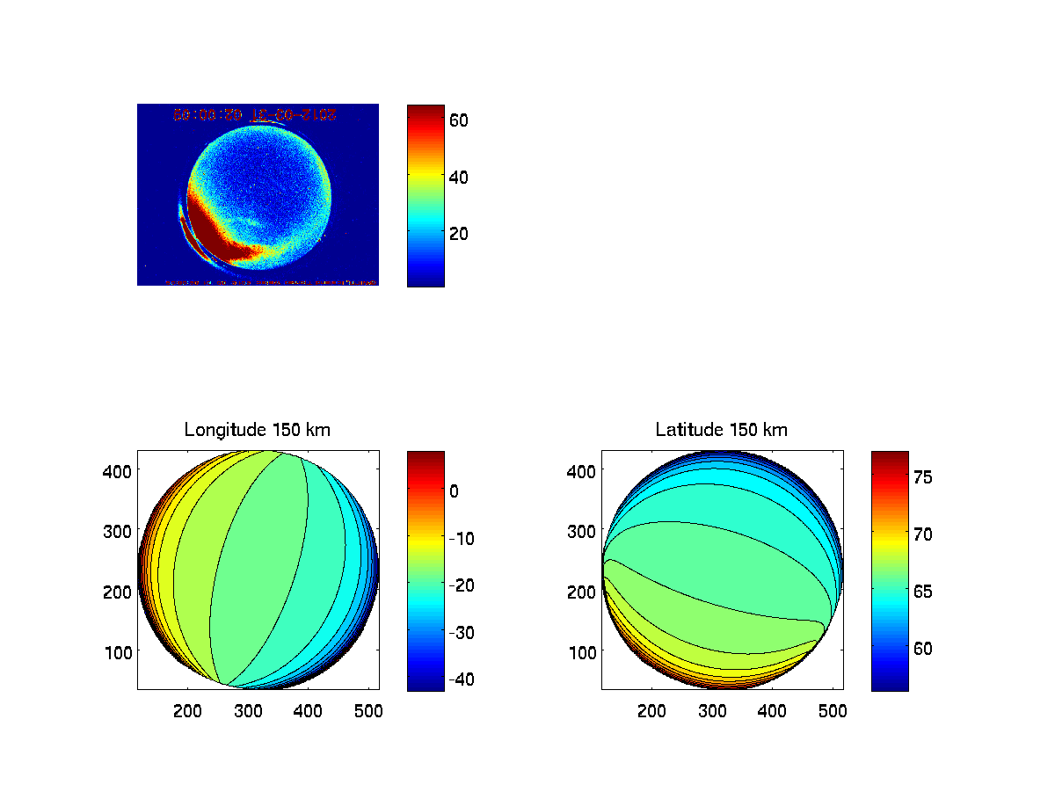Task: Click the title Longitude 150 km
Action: point(257,430)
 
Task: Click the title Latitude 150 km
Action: point(721,430)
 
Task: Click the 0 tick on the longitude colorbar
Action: point(454,491)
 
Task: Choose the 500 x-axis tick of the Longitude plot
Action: point(369,712)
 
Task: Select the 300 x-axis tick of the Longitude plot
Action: point(249,712)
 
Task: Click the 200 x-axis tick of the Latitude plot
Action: point(652,712)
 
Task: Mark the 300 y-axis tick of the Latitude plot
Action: point(583,531)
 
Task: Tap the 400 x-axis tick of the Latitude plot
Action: point(773,712)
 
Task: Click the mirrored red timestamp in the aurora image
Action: point(255,114)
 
